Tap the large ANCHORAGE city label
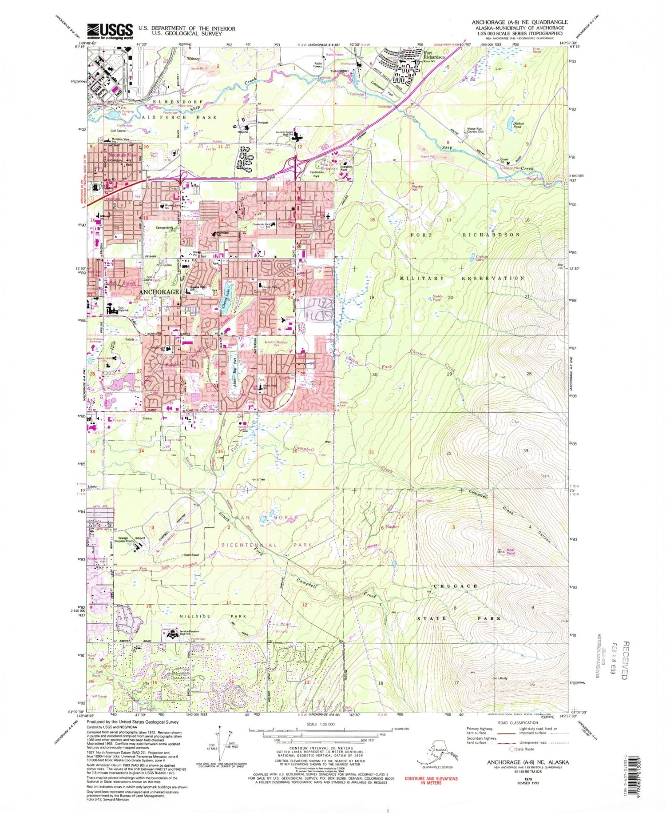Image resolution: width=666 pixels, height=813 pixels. [x=159, y=292]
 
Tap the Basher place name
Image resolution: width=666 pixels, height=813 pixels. [x=392, y=527]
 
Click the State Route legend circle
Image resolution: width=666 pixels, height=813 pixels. [x=512, y=749]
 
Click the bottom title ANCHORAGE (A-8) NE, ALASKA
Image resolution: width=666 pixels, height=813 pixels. [x=527, y=762]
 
